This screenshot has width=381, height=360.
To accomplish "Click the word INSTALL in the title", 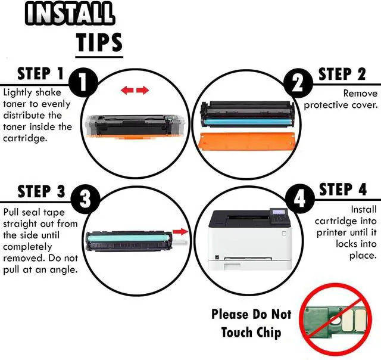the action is [70, 14].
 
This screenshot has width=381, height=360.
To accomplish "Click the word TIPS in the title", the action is [99, 42].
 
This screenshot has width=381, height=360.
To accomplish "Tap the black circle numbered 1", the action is [83, 82].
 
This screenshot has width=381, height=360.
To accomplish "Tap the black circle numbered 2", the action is [298, 83].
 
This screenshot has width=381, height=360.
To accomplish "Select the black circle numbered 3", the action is [85, 200].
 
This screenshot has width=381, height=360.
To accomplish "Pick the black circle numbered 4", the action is [300, 198].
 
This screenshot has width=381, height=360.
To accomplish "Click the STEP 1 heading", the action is [40, 73].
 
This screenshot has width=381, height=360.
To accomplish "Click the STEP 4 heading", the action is [343, 190].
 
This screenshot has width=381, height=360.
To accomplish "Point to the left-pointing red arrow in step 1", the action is [127, 91].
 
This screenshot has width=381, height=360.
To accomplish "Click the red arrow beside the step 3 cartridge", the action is [180, 231].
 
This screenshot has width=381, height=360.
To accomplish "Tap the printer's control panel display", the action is [279, 212].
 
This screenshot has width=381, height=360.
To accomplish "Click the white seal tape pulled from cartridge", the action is [180, 242].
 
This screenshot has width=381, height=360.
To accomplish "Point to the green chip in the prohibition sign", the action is [336, 319].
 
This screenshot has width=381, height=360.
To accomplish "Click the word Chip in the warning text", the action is [268, 333].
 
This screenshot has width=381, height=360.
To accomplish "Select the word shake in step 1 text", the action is [48, 92].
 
